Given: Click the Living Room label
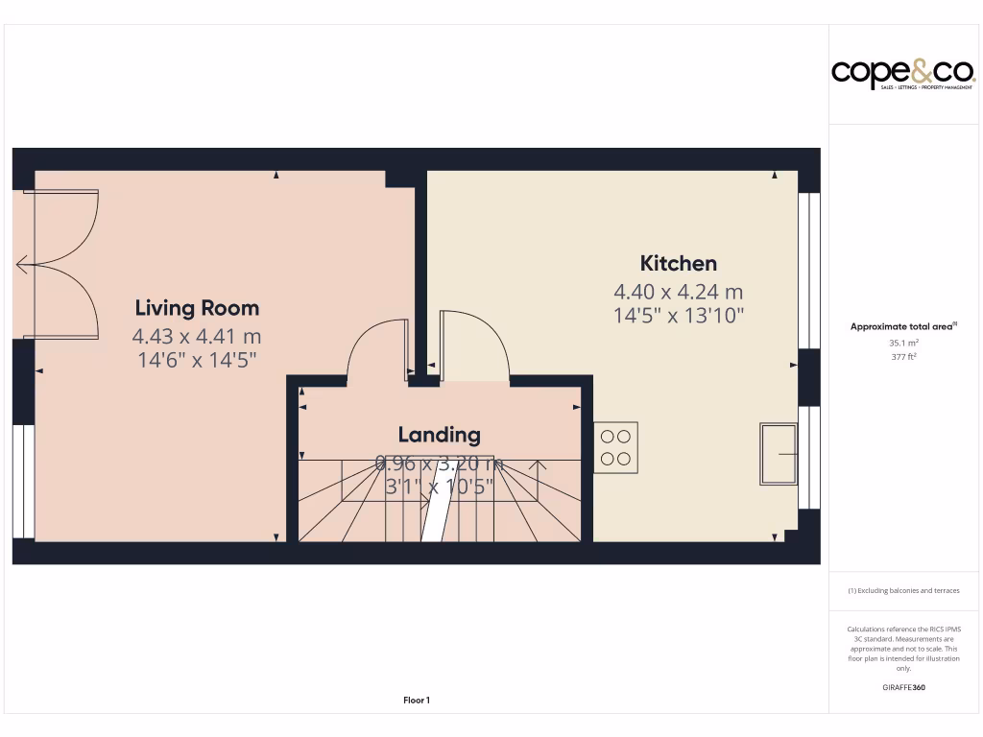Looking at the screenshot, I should coord(197,308).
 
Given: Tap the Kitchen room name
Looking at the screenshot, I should coord(679,263).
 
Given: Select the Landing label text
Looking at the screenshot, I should coord(440,435).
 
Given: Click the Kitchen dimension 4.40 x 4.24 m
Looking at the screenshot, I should coord(679,292).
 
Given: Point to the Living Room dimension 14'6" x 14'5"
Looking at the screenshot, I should coord(197,360).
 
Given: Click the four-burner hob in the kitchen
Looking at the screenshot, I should coord(615,447).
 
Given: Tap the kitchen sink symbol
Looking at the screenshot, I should coord(778,453).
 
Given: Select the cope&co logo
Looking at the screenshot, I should coord(902,73).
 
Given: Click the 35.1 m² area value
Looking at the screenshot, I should coord(904,342).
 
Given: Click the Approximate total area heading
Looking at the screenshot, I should coord(903,326).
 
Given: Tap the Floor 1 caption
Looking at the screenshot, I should coord(417,701).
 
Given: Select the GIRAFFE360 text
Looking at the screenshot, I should coord(903,687).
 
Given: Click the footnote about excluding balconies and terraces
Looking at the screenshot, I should coord(903,591).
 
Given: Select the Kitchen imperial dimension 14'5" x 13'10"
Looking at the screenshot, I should coord(679,314).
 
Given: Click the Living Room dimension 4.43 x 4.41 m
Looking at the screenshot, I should coord(197,336).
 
